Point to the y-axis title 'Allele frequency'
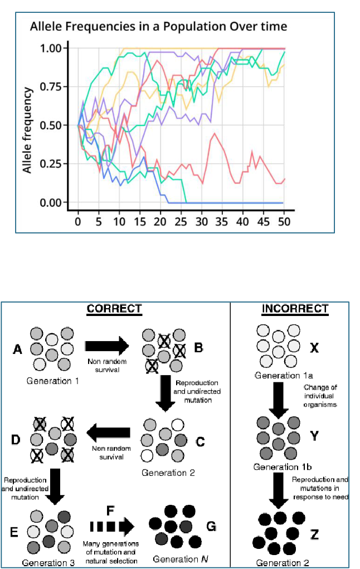(27, 129)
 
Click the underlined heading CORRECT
(114, 309)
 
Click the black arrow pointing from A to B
(106, 347)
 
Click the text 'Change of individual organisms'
(320, 396)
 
